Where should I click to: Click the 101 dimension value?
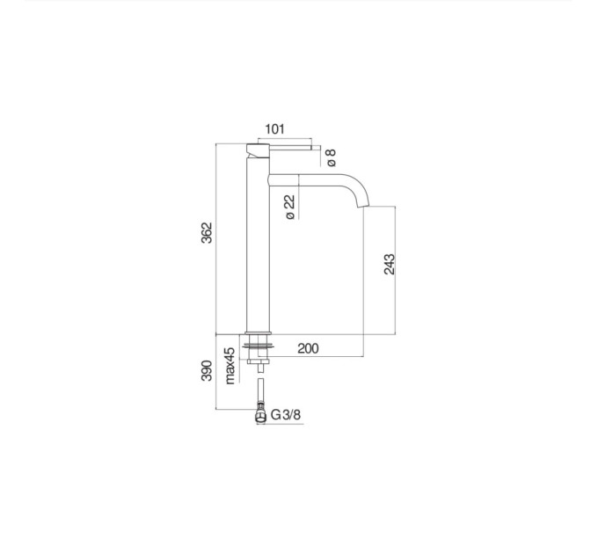point(274,129)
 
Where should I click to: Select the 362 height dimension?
point(207,232)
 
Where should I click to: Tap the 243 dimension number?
point(389,264)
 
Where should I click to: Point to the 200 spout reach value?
point(308,348)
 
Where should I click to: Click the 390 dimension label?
point(207,370)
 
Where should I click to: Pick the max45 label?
point(230,366)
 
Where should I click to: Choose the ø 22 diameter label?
point(290,207)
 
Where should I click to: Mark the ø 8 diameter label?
point(331,157)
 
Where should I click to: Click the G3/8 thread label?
point(286,414)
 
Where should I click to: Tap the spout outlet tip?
point(362,207)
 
